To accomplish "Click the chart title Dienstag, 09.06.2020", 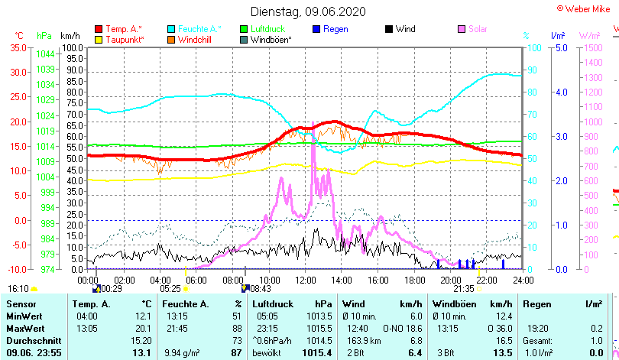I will click(308, 11).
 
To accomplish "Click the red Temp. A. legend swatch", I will click(98, 29).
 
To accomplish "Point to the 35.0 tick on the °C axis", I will click(17, 47).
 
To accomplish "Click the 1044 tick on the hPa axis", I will click(45, 54).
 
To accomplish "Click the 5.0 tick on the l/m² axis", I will click(559, 47).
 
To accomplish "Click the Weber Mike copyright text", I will click(587, 8).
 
